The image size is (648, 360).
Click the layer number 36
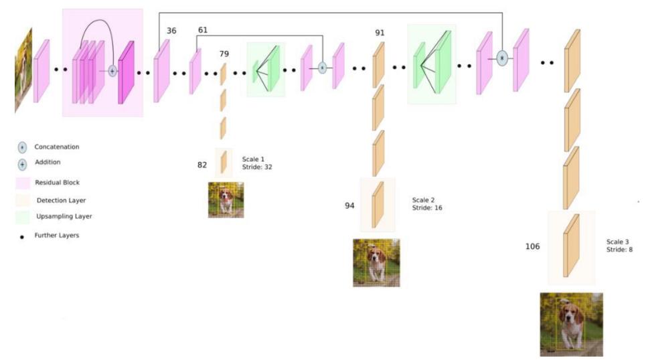click(x=171, y=31)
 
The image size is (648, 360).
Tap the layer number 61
click(x=202, y=30)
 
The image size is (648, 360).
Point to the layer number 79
click(x=224, y=54)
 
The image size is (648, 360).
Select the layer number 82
click(x=202, y=165)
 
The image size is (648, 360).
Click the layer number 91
click(x=380, y=33)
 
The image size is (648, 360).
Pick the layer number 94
click(x=349, y=205)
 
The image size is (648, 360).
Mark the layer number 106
click(x=532, y=246)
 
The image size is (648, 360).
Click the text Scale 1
click(x=253, y=159)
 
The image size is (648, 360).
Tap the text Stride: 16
click(x=427, y=207)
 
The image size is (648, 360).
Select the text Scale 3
click(x=617, y=242)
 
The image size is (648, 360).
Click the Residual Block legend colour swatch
click(x=23, y=183)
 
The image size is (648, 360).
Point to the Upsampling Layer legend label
click(x=64, y=216)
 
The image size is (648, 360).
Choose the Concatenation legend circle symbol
click(x=22, y=148)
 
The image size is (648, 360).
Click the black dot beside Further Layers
click(x=22, y=237)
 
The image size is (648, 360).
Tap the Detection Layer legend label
click(x=61, y=201)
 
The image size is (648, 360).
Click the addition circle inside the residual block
click(x=112, y=71)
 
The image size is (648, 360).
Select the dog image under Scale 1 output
click(x=226, y=200)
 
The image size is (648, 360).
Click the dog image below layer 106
click(x=571, y=325)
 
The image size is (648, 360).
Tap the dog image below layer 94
click(x=376, y=263)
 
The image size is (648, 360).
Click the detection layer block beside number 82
click(x=224, y=162)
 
